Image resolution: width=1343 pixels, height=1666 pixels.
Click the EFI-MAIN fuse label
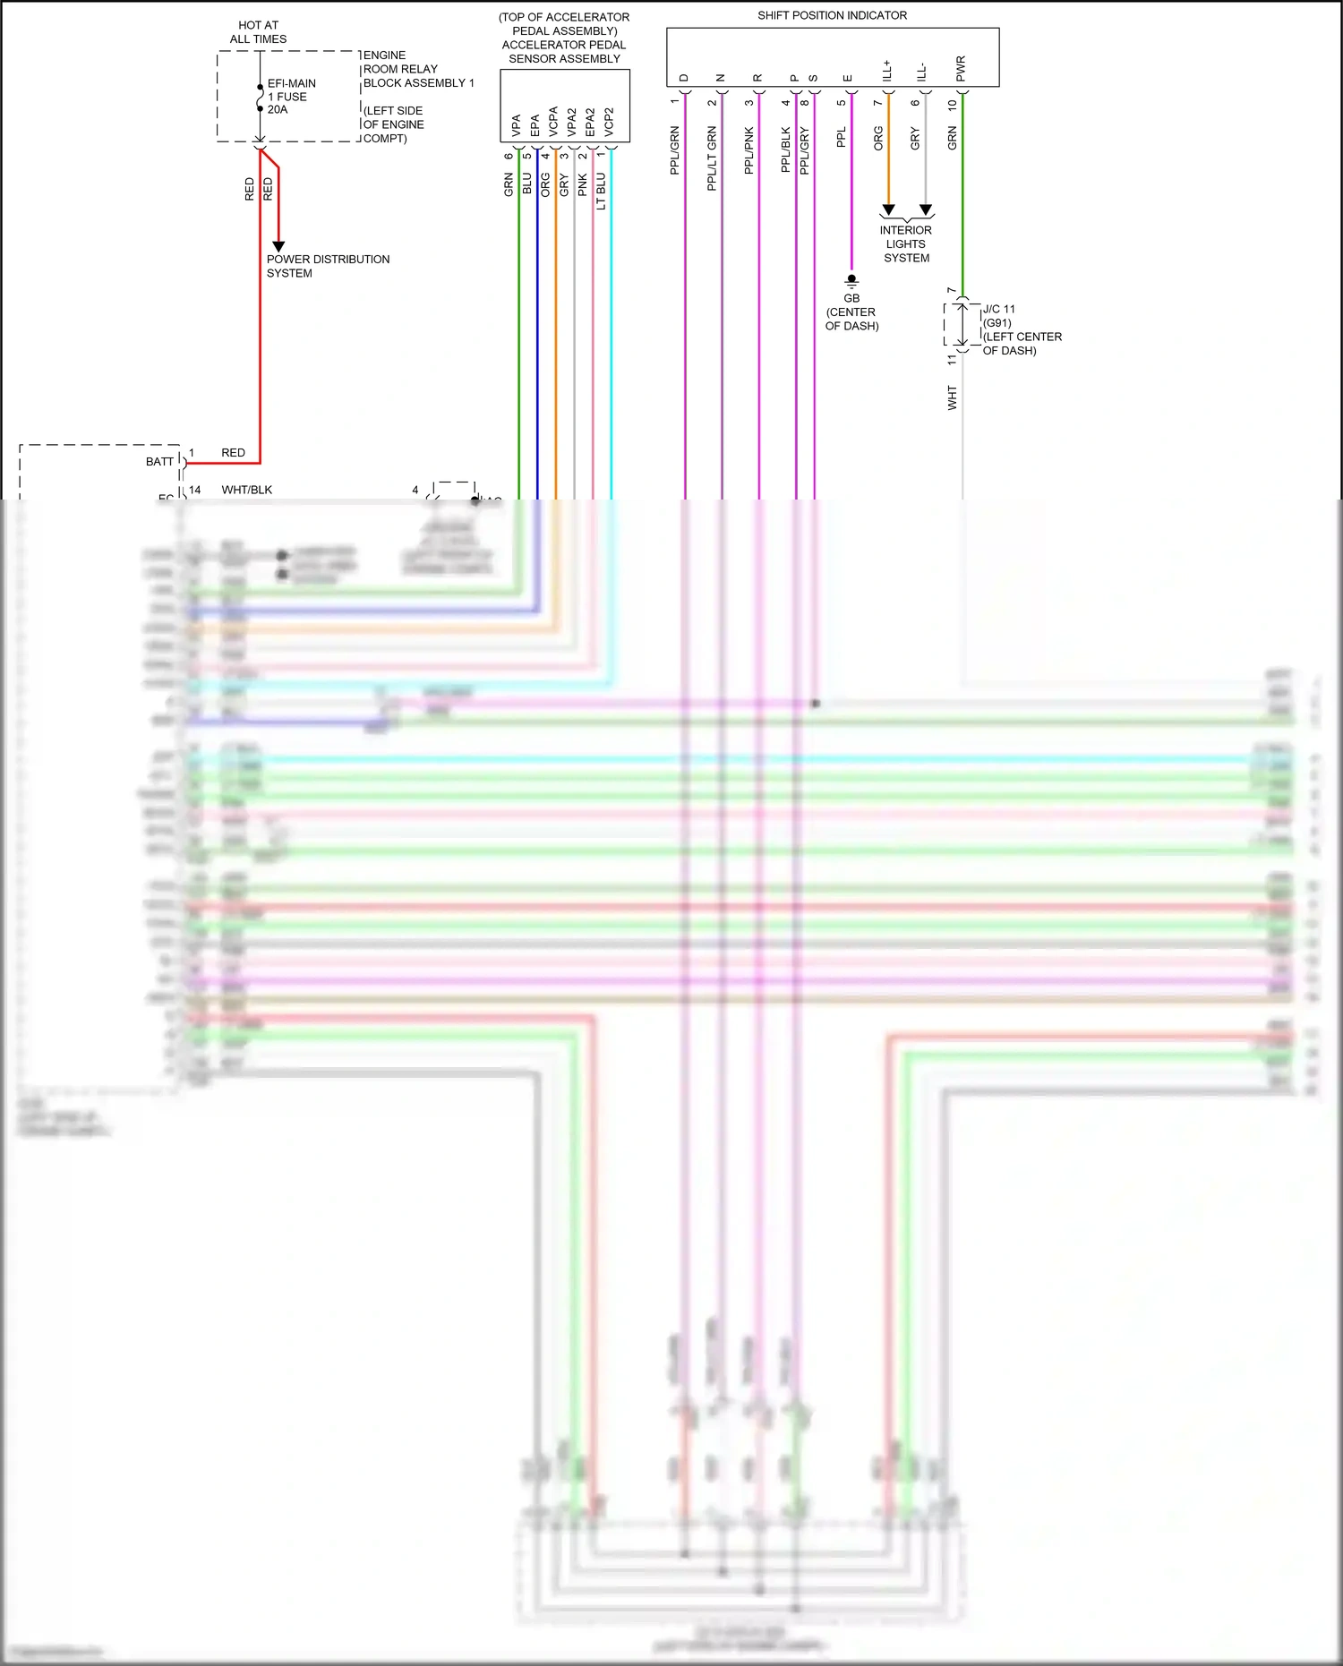coord(291,84)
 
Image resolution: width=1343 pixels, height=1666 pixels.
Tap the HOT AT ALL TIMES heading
coord(258,32)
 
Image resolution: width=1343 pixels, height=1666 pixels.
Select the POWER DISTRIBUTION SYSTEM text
coord(328,266)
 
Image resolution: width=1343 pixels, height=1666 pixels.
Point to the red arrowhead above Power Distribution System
coord(278,246)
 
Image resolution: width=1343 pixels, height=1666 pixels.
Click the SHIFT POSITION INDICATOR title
coord(832,15)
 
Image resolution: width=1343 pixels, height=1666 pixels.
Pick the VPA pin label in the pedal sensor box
coord(516,124)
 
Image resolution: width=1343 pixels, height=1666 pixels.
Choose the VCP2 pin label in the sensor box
coord(609,122)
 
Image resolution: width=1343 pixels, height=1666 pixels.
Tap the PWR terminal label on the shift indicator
coord(961,68)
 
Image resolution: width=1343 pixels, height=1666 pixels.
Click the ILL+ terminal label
coord(887,71)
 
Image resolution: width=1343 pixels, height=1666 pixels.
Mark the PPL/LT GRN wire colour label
coord(712,158)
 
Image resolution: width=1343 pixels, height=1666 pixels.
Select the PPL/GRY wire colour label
coord(804,150)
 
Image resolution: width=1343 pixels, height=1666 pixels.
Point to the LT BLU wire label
coord(601,191)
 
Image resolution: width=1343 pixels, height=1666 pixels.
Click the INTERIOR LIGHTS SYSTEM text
coord(906,244)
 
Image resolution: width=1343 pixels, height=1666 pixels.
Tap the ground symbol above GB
coord(851,280)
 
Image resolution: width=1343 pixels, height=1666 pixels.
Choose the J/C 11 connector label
coord(999,309)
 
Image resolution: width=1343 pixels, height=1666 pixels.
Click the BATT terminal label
coord(159,462)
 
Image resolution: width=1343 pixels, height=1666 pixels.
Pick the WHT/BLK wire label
coord(247,490)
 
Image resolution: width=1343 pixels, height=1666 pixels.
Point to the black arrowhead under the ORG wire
coord(888,210)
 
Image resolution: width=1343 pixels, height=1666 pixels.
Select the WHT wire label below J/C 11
coord(952,397)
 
